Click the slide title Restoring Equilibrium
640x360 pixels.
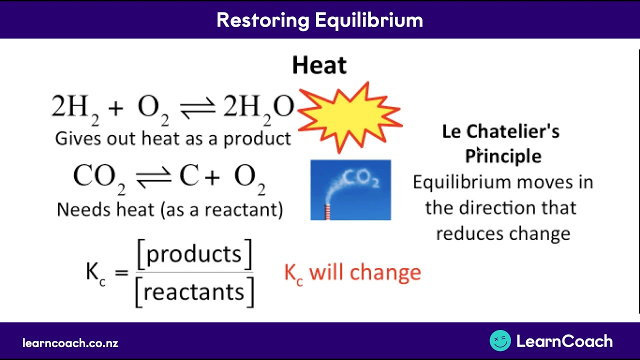point(319,20)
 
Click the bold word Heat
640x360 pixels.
point(319,65)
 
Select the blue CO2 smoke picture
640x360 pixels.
point(350,190)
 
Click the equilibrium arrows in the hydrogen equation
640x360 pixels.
point(197,107)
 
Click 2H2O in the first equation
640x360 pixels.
point(258,108)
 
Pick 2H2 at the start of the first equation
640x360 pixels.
point(75,108)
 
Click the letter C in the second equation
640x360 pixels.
point(189,176)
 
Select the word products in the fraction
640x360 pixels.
point(194,254)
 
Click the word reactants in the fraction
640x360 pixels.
point(194,291)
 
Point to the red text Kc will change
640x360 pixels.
point(352,273)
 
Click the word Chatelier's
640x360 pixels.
point(513,131)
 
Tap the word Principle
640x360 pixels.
point(503,156)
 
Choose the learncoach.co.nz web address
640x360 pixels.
point(70,343)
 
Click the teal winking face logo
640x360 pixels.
point(500,341)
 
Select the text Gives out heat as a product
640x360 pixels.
point(173,138)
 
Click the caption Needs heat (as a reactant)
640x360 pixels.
point(170,209)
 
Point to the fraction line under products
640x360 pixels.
point(194,273)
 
